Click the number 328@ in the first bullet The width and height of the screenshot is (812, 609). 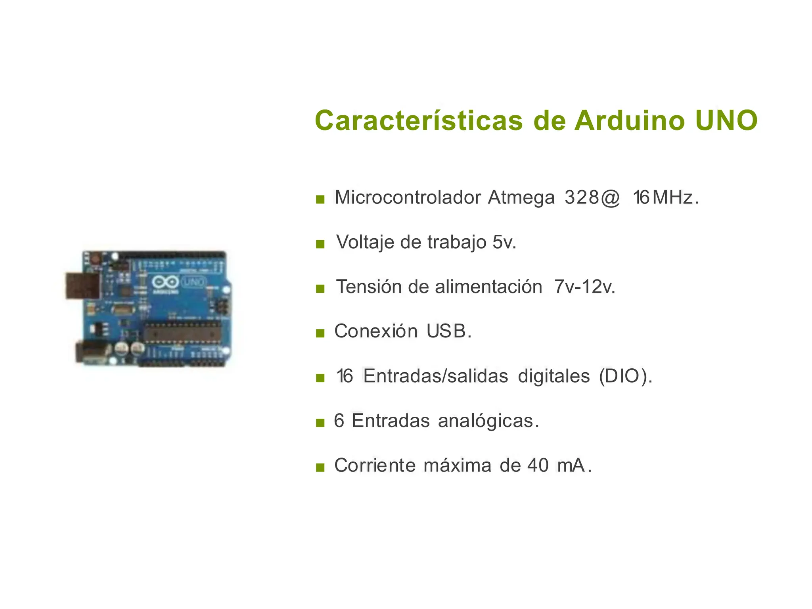tap(592, 197)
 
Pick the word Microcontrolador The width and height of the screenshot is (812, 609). tap(408, 197)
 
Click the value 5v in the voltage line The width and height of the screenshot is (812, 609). tap(504, 242)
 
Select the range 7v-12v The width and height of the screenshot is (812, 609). tap(584, 287)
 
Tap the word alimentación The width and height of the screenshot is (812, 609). tap(488, 287)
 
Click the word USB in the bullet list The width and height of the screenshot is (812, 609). tap(448, 331)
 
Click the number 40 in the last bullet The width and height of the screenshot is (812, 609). tap(538, 465)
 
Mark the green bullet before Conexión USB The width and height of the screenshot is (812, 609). tap(320, 333)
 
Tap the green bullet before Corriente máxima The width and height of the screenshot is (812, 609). tap(320, 468)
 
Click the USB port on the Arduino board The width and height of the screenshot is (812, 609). tap(82, 285)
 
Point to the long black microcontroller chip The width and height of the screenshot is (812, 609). tap(182, 332)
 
